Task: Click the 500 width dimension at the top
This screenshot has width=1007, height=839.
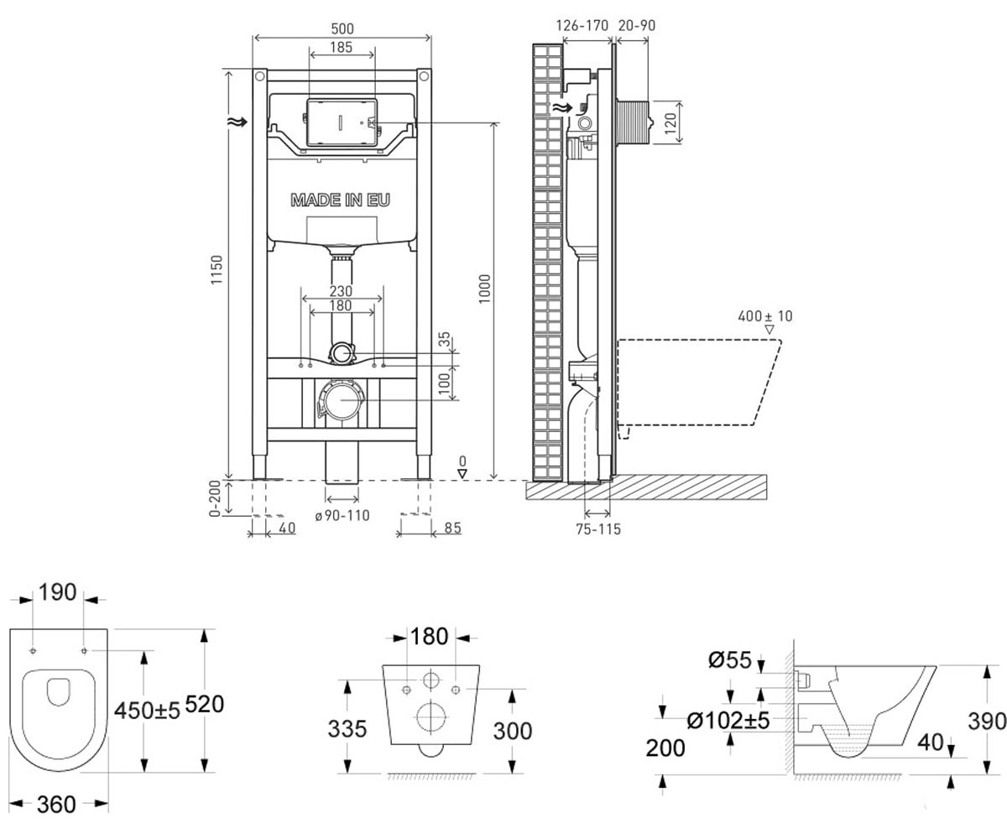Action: click(x=342, y=29)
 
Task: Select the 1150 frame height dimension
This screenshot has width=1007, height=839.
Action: click(x=217, y=269)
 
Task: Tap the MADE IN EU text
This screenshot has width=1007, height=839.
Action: click(x=340, y=201)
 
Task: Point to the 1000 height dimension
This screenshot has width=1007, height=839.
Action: click(x=485, y=289)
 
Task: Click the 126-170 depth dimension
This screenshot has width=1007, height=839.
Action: click(x=582, y=25)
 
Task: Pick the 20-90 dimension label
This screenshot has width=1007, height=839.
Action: click(x=637, y=25)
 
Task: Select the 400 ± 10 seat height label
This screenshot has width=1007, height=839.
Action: click(x=764, y=316)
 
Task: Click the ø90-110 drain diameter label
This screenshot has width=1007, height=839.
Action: click(x=342, y=515)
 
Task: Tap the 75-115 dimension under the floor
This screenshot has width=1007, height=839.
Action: click(x=598, y=529)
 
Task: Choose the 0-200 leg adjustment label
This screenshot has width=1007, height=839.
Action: click(x=215, y=498)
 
